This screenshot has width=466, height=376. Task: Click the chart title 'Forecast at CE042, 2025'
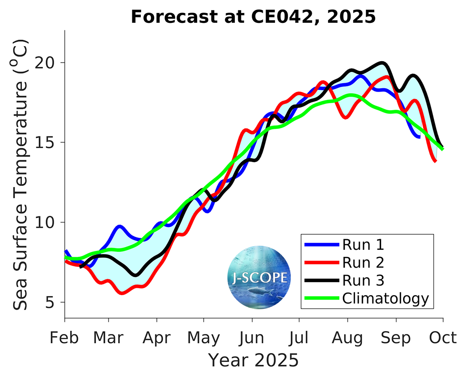tap(253, 17)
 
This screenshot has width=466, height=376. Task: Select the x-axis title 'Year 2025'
tap(253, 360)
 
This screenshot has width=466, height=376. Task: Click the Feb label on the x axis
tap(64, 338)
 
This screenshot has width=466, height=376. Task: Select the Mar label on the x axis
tap(109, 338)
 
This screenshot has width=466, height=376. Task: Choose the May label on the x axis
tap(204, 338)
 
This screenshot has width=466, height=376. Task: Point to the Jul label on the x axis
tap(298, 338)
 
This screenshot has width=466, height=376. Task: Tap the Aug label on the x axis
tap(347, 338)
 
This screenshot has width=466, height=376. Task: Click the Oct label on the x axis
tap(443, 338)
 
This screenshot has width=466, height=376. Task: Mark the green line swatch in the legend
tap(321, 298)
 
